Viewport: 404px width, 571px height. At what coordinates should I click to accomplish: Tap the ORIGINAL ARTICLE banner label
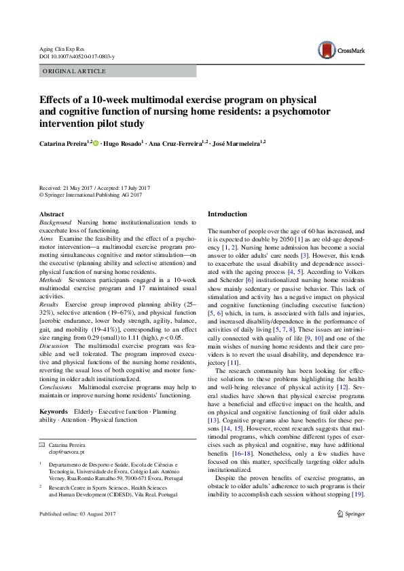coord(74,71)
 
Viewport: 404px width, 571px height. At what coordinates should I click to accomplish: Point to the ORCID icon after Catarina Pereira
coord(96,143)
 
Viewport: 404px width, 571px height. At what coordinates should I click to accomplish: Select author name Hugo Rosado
coord(124,143)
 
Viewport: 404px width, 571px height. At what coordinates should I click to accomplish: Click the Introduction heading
coord(227,214)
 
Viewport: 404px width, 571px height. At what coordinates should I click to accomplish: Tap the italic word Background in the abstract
coord(55,222)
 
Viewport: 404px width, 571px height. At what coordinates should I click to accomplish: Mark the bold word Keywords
coord(54,412)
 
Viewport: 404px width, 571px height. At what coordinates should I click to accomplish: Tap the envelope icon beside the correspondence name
coord(42,445)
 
